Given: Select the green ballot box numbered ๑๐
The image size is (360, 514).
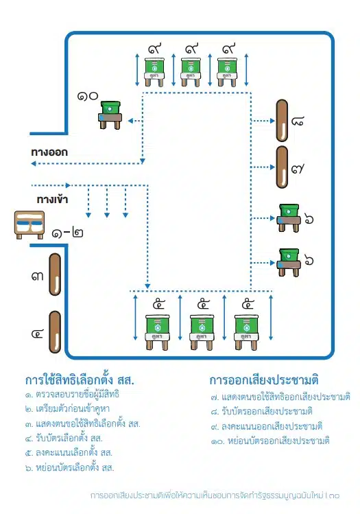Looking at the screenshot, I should click(x=110, y=114).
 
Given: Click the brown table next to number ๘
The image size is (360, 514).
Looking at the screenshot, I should click(x=282, y=120).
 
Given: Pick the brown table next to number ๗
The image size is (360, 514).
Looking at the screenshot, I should click(x=282, y=166).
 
